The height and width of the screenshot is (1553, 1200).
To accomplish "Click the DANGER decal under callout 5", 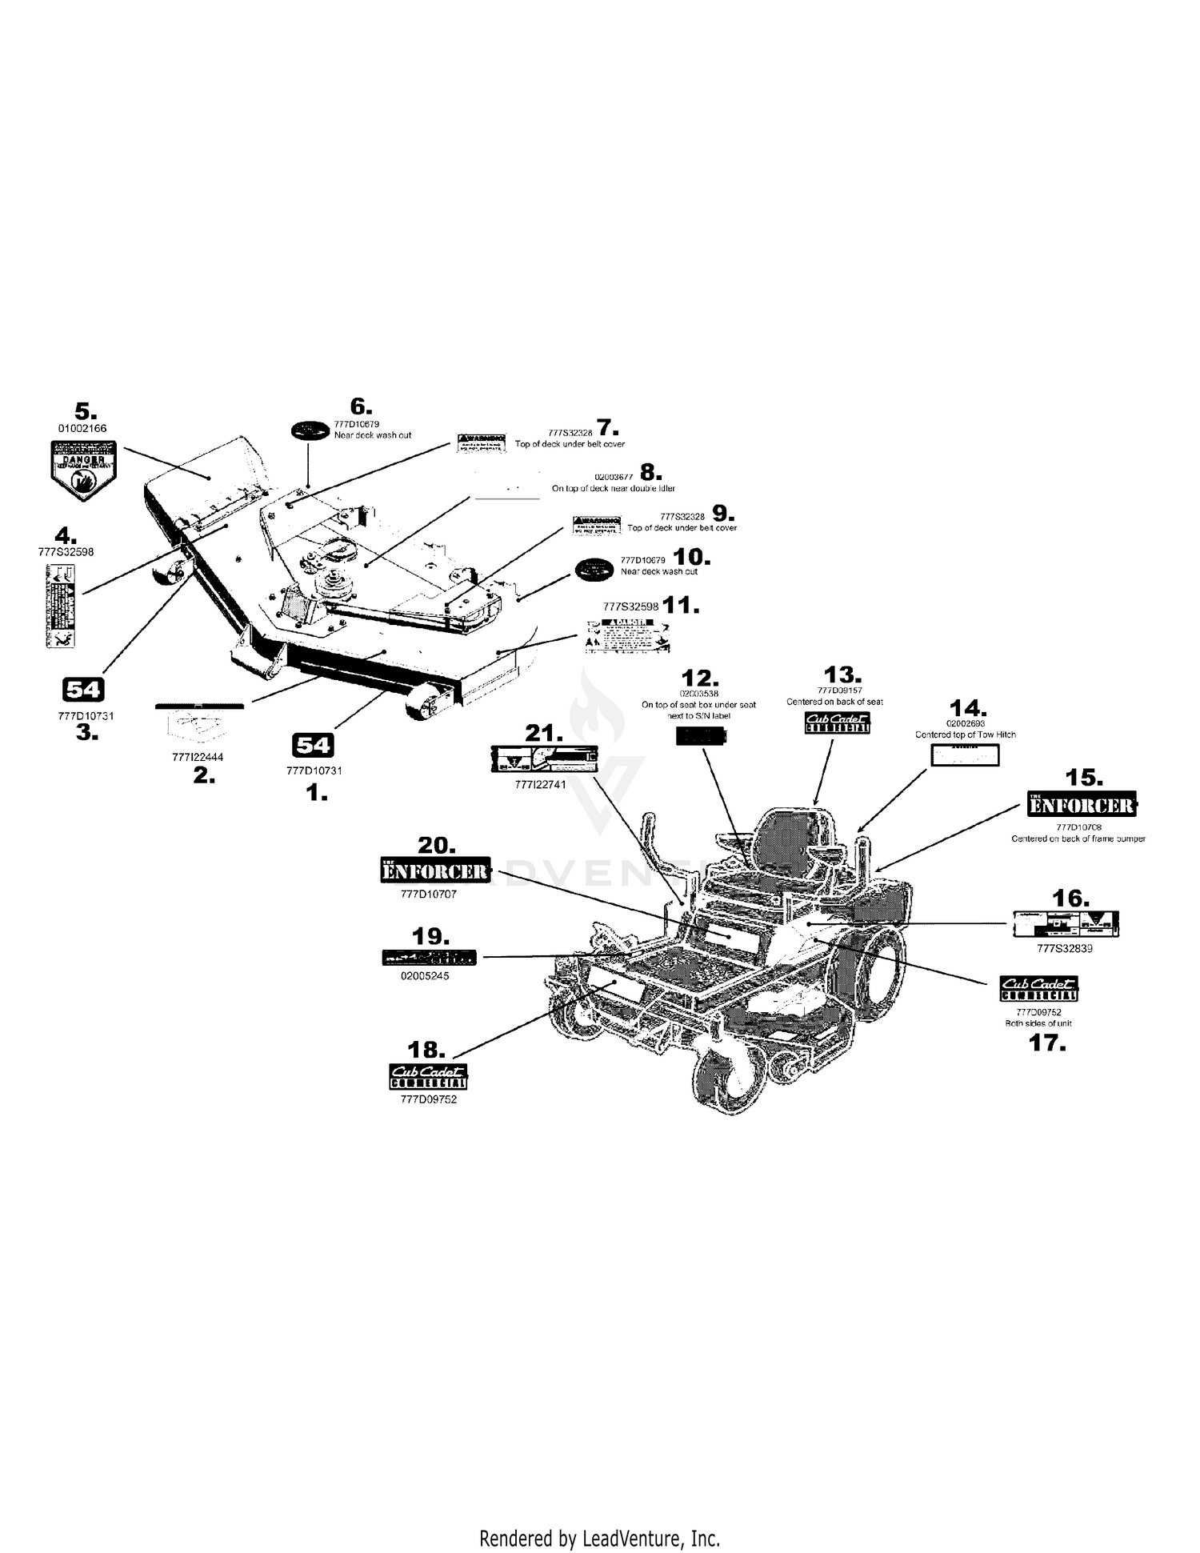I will [x=84, y=470].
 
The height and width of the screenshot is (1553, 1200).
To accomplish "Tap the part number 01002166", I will [x=82, y=428].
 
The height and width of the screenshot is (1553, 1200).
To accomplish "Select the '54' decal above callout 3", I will [x=83, y=689].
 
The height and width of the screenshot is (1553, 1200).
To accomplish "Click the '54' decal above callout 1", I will [x=312, y=746].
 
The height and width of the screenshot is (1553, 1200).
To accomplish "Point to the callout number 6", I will [x=362, y=407].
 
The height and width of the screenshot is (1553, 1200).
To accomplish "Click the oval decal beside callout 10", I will [x=595, y=565].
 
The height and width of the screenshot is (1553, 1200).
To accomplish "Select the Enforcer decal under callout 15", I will [x=1082, y=804].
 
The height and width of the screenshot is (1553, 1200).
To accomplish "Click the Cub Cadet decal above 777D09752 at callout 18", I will [x=428, y=1076].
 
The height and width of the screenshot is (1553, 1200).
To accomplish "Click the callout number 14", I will [x=968, y=709].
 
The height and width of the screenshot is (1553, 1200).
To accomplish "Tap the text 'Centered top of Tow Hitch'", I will [x=966, y=734].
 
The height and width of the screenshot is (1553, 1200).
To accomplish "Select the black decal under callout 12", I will [x=702, y=737].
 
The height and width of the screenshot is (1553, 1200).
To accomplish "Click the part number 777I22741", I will [x=540, y=785].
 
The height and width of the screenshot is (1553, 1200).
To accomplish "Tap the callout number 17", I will [x=1046, y=1043].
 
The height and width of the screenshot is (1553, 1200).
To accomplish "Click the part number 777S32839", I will [x=1064, y=949].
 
